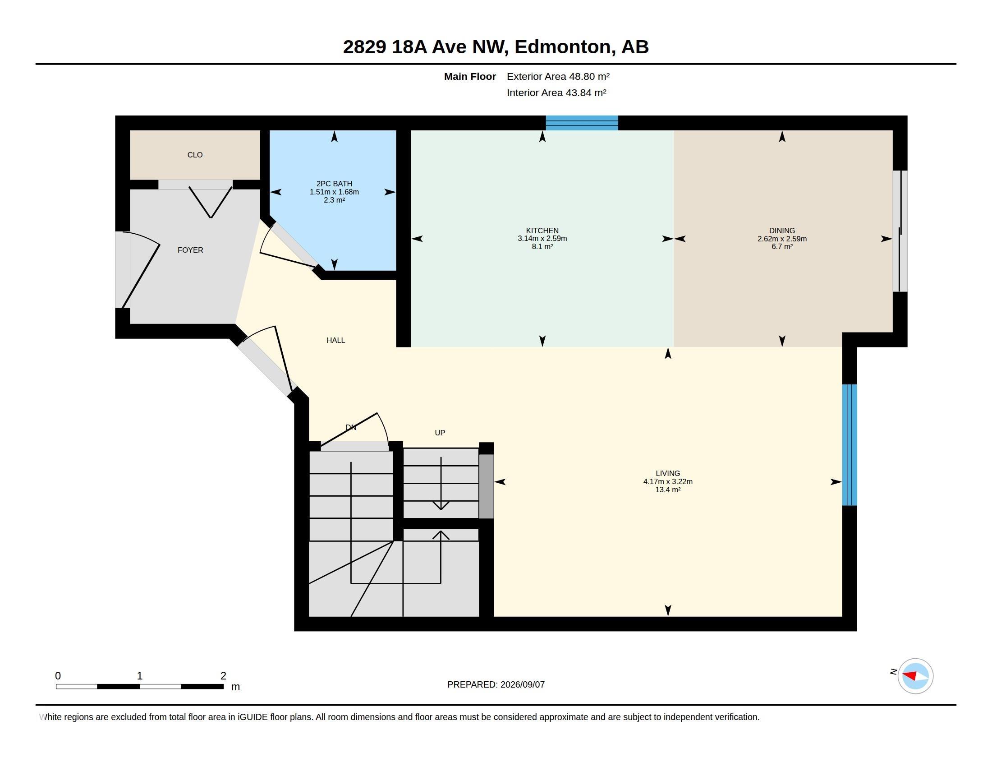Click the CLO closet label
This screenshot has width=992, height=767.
click(x=195, y=155)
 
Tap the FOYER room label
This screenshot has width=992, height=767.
click(x=190, y=250)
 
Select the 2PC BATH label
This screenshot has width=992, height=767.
click(x=334, y=184)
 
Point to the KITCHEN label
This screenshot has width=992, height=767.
click(x=542, y=231)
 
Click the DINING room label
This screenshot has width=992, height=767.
click(x=782, y=231)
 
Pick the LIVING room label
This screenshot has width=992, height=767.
click(x=668, y=473)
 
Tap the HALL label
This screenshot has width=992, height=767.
click(x=335, y=340)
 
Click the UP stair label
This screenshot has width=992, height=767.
click(x=440, y=433)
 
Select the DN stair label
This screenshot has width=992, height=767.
click(x=351, y=427)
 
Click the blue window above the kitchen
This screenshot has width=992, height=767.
click(x=582, y=123)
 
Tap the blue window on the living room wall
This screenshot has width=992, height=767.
click(x=850, y=445)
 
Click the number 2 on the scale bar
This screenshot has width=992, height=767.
click(x=223, y=676)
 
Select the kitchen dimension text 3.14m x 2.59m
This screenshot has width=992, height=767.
click(x=542, y=239)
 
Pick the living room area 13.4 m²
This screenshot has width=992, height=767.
click(x=668, y=490)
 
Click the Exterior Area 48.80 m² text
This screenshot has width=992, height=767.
click(x=558, y=76)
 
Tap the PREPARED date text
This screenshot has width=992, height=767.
click(x=496, y=684)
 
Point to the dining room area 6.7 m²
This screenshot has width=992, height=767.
click(x=782, y=246)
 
